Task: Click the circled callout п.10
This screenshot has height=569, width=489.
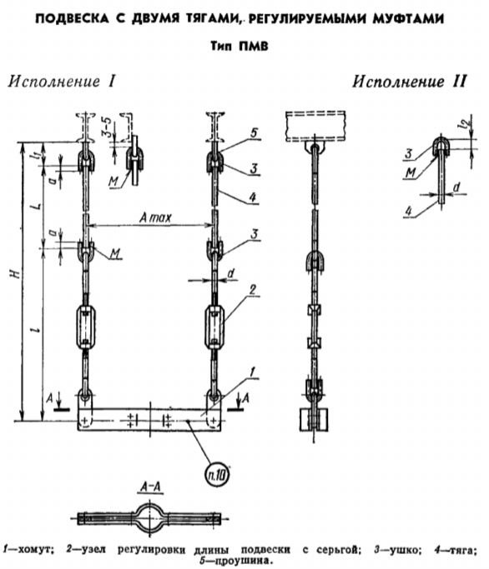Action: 218,475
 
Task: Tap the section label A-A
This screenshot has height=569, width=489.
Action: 151,487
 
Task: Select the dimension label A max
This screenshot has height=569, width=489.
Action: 155,217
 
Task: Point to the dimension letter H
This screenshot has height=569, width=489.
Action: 15,273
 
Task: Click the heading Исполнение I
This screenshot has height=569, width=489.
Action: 62,81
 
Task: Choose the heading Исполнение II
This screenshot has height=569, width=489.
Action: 409,81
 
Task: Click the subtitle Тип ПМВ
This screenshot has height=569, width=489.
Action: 239,47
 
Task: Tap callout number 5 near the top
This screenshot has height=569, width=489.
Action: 254,132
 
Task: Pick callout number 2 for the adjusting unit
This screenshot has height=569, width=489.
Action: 252,289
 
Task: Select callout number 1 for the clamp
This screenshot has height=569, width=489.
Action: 252,372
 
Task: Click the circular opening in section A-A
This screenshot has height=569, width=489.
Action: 150,518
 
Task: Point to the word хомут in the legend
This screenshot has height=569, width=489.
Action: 35,550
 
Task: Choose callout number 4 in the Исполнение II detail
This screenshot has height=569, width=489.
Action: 409,211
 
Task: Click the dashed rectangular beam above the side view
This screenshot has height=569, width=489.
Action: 315,126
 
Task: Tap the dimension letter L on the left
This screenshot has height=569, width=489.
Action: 37,207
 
